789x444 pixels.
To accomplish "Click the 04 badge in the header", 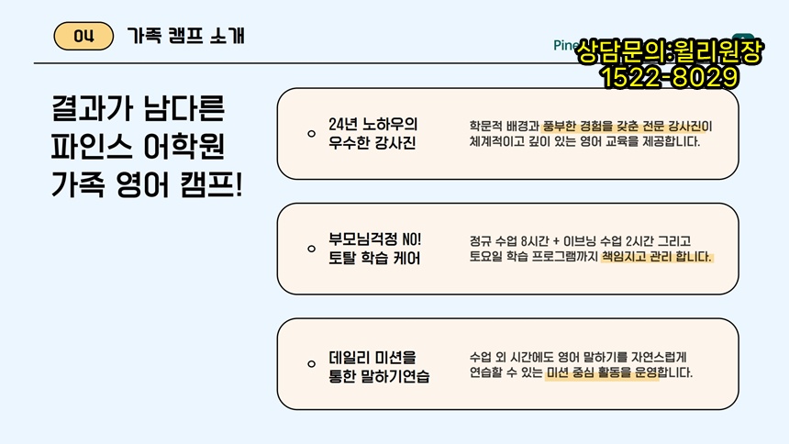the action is [83, 36].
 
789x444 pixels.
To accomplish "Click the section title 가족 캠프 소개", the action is [185, 36].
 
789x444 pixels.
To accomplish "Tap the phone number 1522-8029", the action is [670, 78].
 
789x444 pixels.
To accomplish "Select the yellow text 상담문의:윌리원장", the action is [670, 51].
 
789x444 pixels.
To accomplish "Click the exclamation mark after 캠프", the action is [239, 184].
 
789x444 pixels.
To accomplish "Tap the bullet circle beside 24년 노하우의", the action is [312, 133].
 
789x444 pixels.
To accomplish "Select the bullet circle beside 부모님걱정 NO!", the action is [312, 249].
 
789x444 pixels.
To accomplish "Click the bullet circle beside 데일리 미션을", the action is [312, 364].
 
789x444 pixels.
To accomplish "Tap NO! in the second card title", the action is [412, 239].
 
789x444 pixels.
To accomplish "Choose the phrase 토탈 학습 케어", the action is [374, 259].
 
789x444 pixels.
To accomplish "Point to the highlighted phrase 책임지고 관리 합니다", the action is [657, 257].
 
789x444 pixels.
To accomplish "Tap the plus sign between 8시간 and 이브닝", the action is [556, 241].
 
